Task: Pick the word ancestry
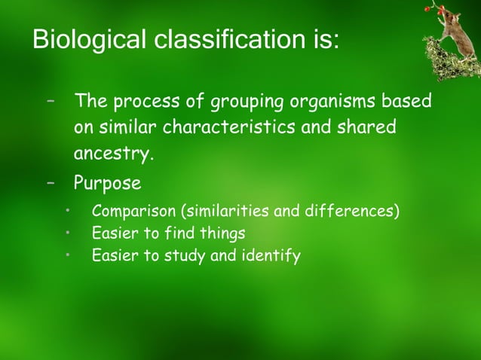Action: (113, 155)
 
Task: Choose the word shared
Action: (369, 128)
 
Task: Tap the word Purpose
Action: (107, 184)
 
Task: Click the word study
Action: (182, 257)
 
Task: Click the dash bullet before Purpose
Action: (51, 183)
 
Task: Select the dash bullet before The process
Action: (51, 100)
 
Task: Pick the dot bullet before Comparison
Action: (67, 210)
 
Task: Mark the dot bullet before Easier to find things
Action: (67, 233)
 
